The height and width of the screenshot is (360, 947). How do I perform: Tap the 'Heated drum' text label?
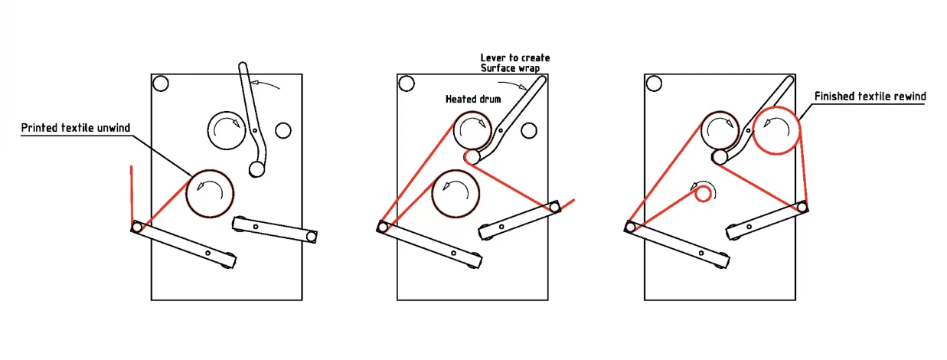tap(472, 100)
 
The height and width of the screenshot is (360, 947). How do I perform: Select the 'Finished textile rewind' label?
tap(870, 97)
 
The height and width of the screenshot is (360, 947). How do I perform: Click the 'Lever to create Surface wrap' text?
tap(514, 63)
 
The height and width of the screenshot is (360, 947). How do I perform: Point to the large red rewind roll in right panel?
tap(776, 130)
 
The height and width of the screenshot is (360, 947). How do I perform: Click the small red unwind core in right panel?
tap(703, 195)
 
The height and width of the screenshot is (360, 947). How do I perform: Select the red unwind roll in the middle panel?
tap(456, 192)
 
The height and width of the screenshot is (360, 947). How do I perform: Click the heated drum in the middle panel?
tap(476, 130)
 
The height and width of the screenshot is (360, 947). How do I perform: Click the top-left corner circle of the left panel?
tap(161, 83)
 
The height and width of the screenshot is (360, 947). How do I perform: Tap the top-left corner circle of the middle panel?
tap(407, 83)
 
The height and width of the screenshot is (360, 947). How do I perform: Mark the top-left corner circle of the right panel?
tap(654, 83)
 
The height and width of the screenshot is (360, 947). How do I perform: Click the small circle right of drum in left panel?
tap(282, 130)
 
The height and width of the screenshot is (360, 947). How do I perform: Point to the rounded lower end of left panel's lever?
tap(257, 169)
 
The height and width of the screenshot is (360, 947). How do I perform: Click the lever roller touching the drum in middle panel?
tap(472, 157)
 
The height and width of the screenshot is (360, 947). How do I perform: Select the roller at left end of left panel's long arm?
tap(137, 226)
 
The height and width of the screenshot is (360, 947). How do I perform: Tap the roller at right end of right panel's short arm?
tap(802, 206)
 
